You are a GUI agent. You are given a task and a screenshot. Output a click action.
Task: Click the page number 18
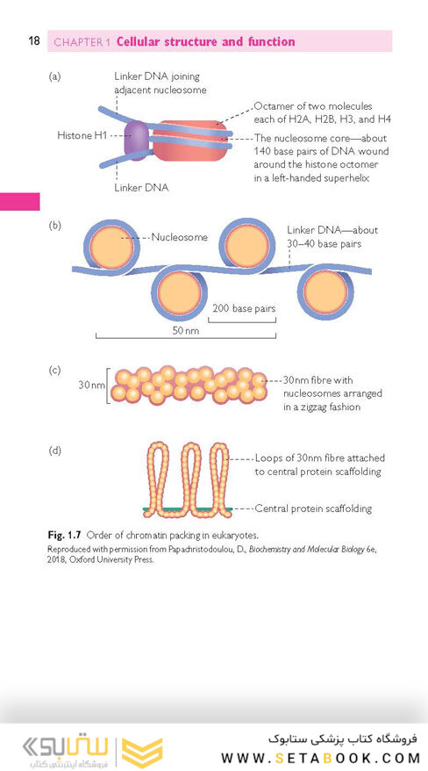(34, 40)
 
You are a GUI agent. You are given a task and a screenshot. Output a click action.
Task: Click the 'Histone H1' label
(82, 134)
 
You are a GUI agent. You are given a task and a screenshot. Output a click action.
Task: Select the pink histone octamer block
(190, 141)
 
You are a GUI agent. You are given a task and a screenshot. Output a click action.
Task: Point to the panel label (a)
(54, 76)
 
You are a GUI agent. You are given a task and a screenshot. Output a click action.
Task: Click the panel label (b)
(54, 227)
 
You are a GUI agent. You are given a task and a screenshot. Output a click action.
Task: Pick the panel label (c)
(54, 370)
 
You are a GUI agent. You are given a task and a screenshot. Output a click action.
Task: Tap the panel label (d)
(54, 450)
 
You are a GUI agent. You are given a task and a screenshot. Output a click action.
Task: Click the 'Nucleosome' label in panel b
(179, 237)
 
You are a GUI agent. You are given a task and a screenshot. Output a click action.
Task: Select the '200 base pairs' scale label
(244, 309)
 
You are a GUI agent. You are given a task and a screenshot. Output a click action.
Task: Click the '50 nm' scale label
(186, 330)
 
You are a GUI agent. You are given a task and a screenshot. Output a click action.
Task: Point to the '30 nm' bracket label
(92, 385)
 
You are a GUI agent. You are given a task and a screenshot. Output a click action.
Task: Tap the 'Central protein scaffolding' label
(313, 508)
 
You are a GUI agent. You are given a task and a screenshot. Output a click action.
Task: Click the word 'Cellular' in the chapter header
(139, 41)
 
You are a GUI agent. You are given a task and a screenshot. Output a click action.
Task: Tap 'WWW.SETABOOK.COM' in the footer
(318, 757)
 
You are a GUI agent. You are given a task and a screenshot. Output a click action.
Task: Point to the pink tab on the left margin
(19, 202)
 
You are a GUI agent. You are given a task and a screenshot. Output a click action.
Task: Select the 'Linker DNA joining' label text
(157, 76)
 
